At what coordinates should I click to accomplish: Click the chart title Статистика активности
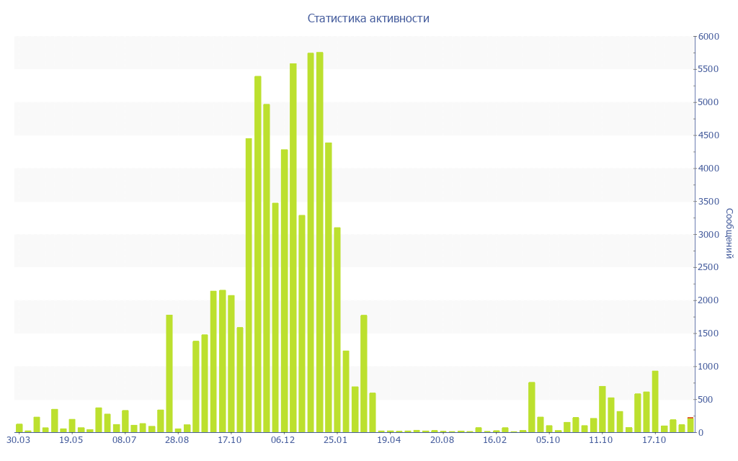tap(368, 18)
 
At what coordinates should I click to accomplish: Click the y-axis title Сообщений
tap(729, 233)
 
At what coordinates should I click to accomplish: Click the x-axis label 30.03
tap(18, 439)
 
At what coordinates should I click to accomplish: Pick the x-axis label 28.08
tap(177, 439)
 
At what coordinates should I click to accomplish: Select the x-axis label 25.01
tap(336, 439)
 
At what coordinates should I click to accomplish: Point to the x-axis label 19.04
tap(389, 439)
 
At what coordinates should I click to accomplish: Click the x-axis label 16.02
tap(495, 439)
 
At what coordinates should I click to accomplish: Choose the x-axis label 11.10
tap(601, 439)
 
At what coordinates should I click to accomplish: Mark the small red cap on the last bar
tap(690, 417)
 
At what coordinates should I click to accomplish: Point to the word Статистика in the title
tap(337, 18)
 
